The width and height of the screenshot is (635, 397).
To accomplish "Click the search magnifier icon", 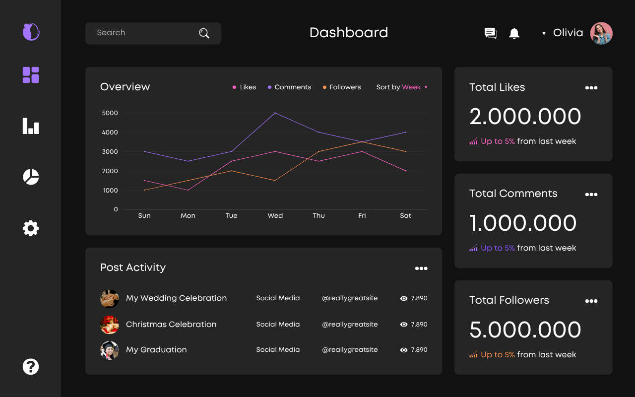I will pyautogui.click(x=204, y=33).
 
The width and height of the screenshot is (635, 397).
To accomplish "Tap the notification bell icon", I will pyautogui.click(x=514, y=33).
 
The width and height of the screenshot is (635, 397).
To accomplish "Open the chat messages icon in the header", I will pyautogui.click(x=490, y=33).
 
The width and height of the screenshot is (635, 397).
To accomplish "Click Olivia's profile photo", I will pyautogui.click(x=601, y=33).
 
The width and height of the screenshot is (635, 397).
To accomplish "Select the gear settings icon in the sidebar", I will pyautogui.click(x=31, y=228).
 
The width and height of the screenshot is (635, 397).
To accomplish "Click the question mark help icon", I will pyautogui.click(x=31, y=367).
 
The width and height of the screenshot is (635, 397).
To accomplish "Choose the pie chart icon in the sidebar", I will pyautogui.click(x=31, y=177).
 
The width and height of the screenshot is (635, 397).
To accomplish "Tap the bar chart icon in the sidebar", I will pyautogui.click(x=31, y=126).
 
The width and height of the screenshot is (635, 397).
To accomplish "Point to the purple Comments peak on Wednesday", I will pyautogui.click(x=275, y=113).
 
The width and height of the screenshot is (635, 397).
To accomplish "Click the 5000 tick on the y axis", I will pyautogui.click(x=110, y=113).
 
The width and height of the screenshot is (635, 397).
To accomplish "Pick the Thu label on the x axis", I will pyautogui.click(x=318, y=216).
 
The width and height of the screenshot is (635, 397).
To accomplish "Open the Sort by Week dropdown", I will pyautogui.click(x=402, y=87).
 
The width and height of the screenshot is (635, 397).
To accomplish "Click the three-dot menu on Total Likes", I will pyautogui.click(x=591, y=88).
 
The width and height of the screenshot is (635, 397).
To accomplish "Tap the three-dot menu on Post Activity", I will pyautogui.click(x=421, y=268).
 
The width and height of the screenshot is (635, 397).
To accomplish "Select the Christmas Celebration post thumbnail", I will pyautogui.click(x=110, y=325).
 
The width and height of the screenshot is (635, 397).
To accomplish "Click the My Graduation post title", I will pyautogui.click(x=156, y=350).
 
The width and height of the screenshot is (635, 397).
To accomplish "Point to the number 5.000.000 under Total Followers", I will pyautogui.click(x=525, y=330).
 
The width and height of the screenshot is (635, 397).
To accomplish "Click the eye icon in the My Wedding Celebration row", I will pyautogui.click(x=404, y=299).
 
